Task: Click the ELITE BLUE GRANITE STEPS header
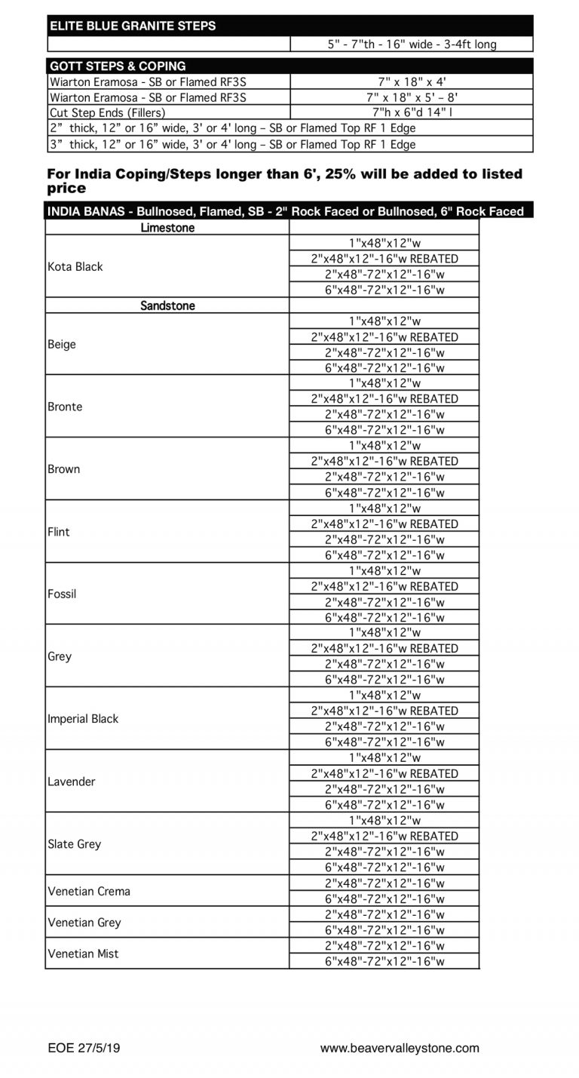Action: pyautogui.click(x=133, y=26)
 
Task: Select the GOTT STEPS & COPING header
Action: pyautogui.click(x=118, y=66)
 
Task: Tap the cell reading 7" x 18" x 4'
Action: pyautogui.click(x=412, y=81)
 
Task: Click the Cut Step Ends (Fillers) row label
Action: pyautogui.click(x=107, y=112)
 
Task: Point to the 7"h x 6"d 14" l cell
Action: pyautogui.click(x=412, y=112)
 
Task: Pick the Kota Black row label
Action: pyautogui.click(x=75, y=266)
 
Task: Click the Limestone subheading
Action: pyautogui.click(x=167, y=228)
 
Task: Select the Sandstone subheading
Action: pyautogui.click(x=167, y=306)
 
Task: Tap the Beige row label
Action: pyautogui.click(x=62, y=345)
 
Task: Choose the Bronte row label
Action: pyautogui.click(x=65, y=407)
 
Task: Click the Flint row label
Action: pyautogui.click(x=59, y=532)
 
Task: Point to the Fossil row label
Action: pyautogui.click(x=62, y=594)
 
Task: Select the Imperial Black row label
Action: pyautogui.click(x=83, y=719)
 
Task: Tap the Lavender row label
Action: pyautogui.click(x=72, y=782)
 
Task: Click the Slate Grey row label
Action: pyautogui.click(x=74, y=844)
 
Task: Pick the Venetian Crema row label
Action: pyautogui.click(x=89, y=891)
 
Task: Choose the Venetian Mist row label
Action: pyautogui.click(x=83, y=954)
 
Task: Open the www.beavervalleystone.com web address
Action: pyautogui.click(x=400, y=1048)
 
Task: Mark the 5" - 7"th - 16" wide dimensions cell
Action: pyautogui.click(x=412, y=45)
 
